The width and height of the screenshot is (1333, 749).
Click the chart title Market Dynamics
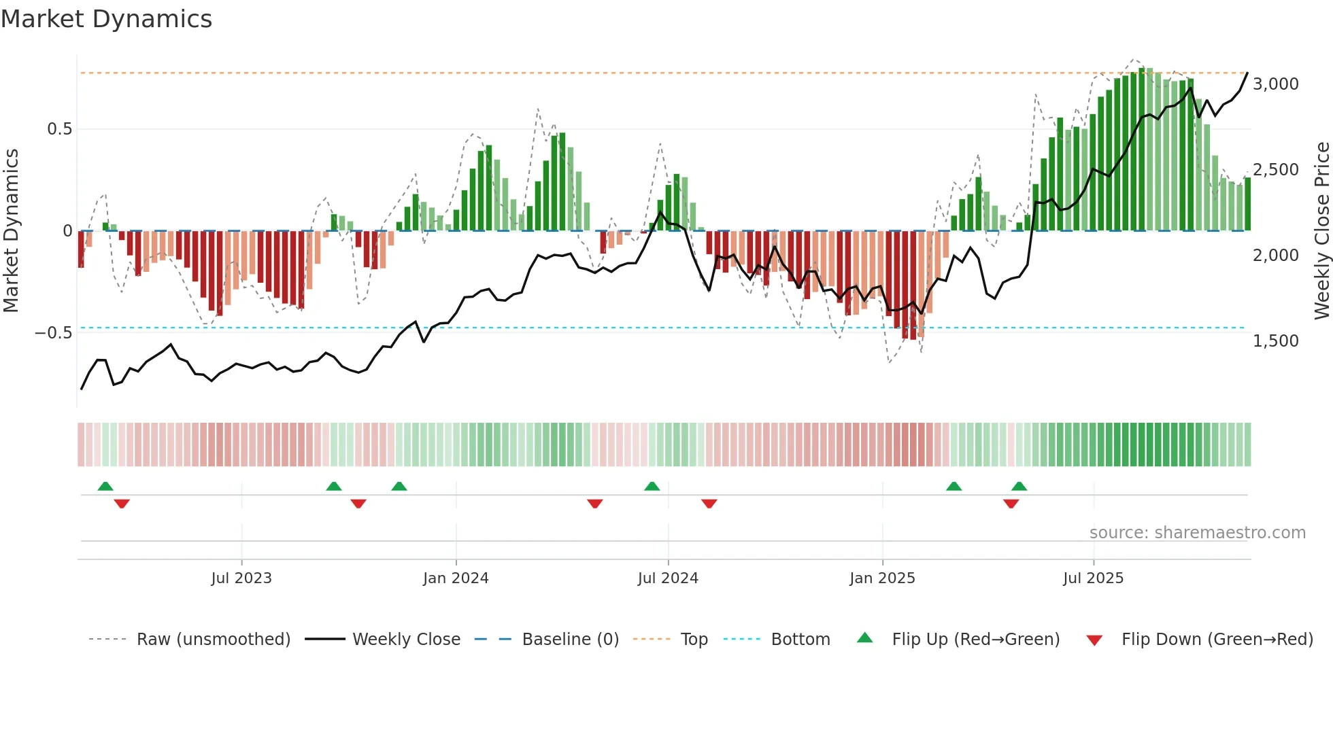106,19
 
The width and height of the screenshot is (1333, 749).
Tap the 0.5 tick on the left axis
59,129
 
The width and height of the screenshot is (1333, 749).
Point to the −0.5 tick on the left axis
53,333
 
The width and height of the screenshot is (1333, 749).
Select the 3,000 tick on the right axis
1275,84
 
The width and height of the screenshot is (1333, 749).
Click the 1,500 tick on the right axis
1275,341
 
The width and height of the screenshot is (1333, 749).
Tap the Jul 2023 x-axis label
241,578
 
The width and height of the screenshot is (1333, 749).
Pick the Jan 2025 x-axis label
881,578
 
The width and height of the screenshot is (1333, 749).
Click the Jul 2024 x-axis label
667,578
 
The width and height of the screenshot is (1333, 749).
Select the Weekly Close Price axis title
1321,231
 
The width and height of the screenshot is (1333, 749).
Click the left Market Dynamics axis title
11,231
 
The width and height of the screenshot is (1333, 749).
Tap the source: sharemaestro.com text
1197,533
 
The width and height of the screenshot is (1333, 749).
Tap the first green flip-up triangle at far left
105,487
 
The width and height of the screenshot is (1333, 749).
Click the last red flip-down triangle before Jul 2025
1011,504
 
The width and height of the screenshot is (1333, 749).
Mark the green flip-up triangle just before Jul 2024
652,487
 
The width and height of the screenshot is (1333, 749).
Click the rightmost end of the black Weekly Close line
1247,73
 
